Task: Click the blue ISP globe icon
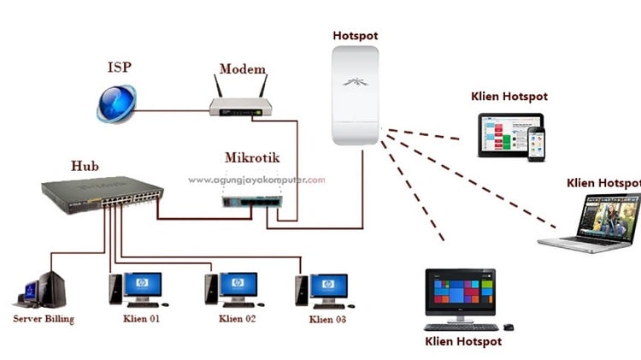click(x=115, y=102)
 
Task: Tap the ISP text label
click(x=120, y=67)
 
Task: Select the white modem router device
click(x=241, y=106)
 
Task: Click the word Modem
click(x=243, y=69)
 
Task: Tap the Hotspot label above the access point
click(x=355, y=36)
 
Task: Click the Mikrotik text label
click(x=251, y=158)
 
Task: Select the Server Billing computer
click(x=42, y=290)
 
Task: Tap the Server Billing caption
click(x=44, y=319)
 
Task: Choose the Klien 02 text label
click(x=238, y=319)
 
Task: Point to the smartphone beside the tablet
click(x=536, y=145)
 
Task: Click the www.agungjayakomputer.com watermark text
click(x=256, y=180)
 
